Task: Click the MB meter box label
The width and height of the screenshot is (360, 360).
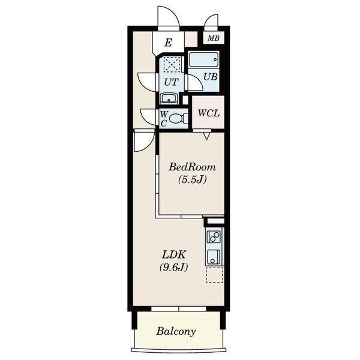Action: pos(214,38)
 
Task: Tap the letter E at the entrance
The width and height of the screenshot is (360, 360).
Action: pos(169,43)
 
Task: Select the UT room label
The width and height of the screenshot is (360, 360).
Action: pos(171,82)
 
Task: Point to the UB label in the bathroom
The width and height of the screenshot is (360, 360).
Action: pos(211,77)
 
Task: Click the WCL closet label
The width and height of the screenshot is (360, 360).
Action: pos(209,113)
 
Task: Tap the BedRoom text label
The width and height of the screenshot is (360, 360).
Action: pos(192,167)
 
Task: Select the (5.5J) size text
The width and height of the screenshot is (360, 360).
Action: pos(193,179)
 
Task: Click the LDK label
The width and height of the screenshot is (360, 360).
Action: pos(174,254)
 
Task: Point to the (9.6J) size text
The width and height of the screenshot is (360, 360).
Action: pos(174,267)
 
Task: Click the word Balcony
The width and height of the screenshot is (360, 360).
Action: pos(176,332)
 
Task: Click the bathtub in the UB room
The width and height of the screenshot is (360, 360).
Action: pos(203,59)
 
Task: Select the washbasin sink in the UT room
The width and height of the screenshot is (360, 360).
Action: pos(169,98)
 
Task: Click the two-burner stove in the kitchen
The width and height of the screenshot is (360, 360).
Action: pos(214,237)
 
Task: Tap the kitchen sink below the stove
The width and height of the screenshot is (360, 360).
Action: pos(214,257)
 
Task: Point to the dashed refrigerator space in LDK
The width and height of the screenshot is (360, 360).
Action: pos(214,275)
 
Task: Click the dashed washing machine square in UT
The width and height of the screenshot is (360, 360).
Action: pos(172,65)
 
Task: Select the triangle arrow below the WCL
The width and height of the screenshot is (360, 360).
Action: pos(207,137)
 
